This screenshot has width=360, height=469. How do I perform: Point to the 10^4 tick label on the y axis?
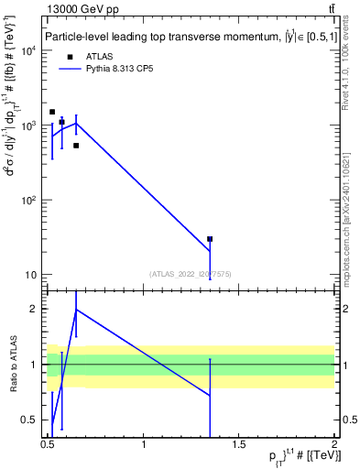27,50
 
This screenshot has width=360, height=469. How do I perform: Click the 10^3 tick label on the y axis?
27,125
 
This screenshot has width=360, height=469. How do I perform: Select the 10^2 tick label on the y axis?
27,200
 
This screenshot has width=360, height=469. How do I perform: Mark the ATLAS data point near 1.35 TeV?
210,239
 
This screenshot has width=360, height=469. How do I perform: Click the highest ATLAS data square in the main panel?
52,112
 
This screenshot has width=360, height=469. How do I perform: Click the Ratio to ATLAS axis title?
13,365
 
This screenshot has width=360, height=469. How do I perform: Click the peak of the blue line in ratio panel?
76,309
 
